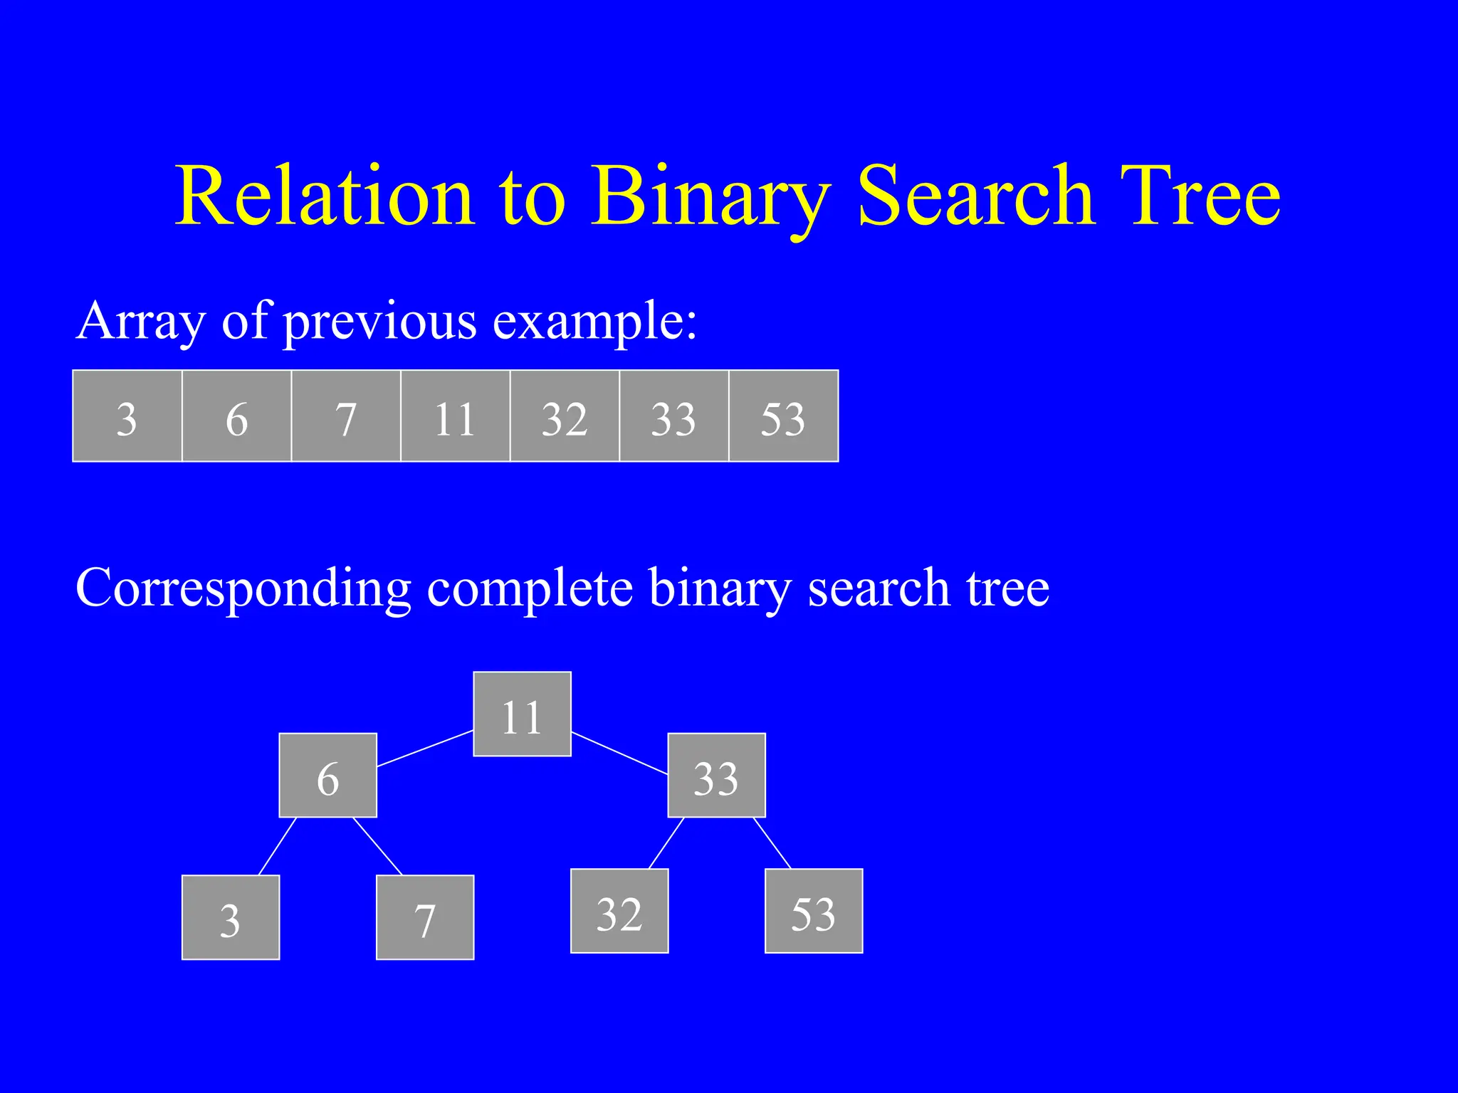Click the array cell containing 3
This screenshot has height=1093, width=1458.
tap(127, 416)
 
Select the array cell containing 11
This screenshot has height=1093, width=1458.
tap(456, 416)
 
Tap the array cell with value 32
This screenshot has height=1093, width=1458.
tap(565, 416)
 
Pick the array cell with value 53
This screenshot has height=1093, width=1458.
tap(783, 416)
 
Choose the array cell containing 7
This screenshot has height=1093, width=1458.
tap(346, 416)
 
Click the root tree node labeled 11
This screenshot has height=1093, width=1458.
tap(522, 714)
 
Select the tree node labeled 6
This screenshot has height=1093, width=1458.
tap(327, 775)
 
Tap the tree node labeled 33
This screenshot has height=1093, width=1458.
tap(716, 775)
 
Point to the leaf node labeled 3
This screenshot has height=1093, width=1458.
tap(231, 917)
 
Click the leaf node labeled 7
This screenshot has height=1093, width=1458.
tap(425, 917)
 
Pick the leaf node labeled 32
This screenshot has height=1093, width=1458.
tap(619, 911)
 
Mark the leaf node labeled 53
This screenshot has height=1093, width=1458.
tap(814, 911)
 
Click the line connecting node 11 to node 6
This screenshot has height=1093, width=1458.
tap(425, 749)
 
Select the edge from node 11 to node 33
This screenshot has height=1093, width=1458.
tap(619, 753)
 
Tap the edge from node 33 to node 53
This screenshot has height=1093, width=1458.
tap(772, 843)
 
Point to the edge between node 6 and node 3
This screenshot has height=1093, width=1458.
tap(278, 846)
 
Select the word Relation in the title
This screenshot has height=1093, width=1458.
tap(325, 196)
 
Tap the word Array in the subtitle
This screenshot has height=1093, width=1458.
tap(140, 322)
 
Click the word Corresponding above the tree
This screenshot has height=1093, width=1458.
tap(243, 589)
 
